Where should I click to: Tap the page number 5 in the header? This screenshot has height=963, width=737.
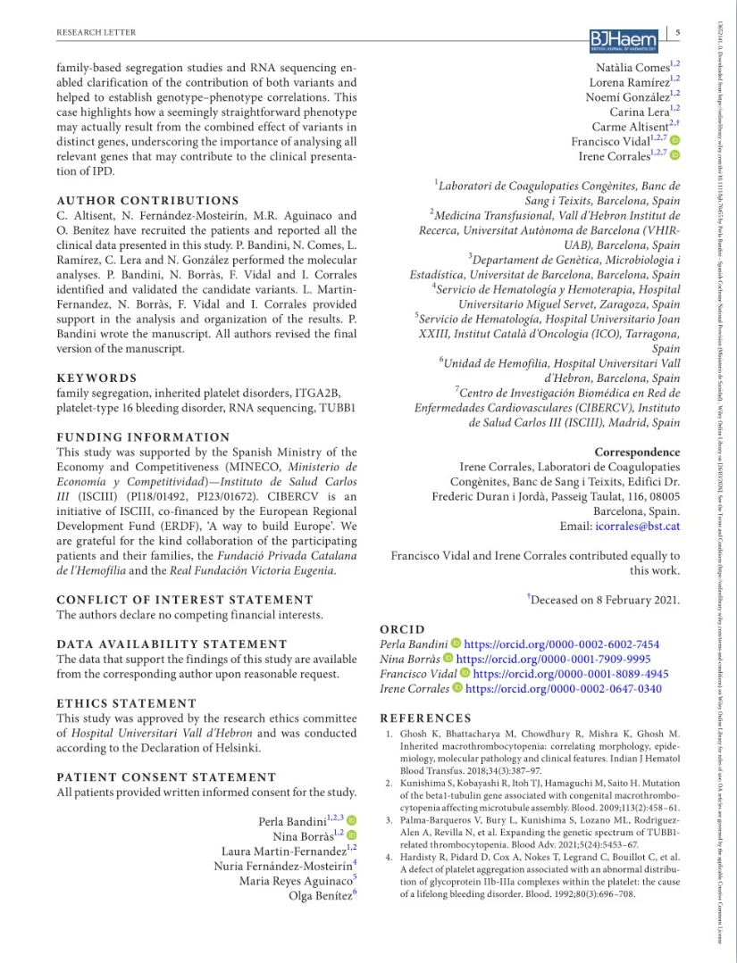[678, 33]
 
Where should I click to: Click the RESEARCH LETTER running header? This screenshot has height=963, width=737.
[96, 33]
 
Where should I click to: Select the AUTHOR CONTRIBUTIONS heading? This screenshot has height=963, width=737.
[147, 201]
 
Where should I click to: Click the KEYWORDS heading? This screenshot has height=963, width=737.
[96, 378]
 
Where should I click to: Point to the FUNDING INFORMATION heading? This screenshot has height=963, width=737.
[143, 437]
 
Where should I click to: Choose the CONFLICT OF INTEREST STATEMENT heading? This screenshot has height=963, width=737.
[185, 600]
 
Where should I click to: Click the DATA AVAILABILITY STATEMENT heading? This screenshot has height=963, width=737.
[172, 643]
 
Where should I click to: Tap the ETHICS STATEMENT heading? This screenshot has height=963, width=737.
[126, 703]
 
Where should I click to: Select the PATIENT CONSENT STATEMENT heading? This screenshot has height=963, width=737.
[166, 776]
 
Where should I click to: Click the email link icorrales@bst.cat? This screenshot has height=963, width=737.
[637, 527]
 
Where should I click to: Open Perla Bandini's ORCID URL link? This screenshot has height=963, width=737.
[562, 643]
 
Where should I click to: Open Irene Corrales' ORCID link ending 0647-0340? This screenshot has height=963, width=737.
[564, 689]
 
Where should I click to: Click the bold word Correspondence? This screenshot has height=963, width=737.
[636, 452]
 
